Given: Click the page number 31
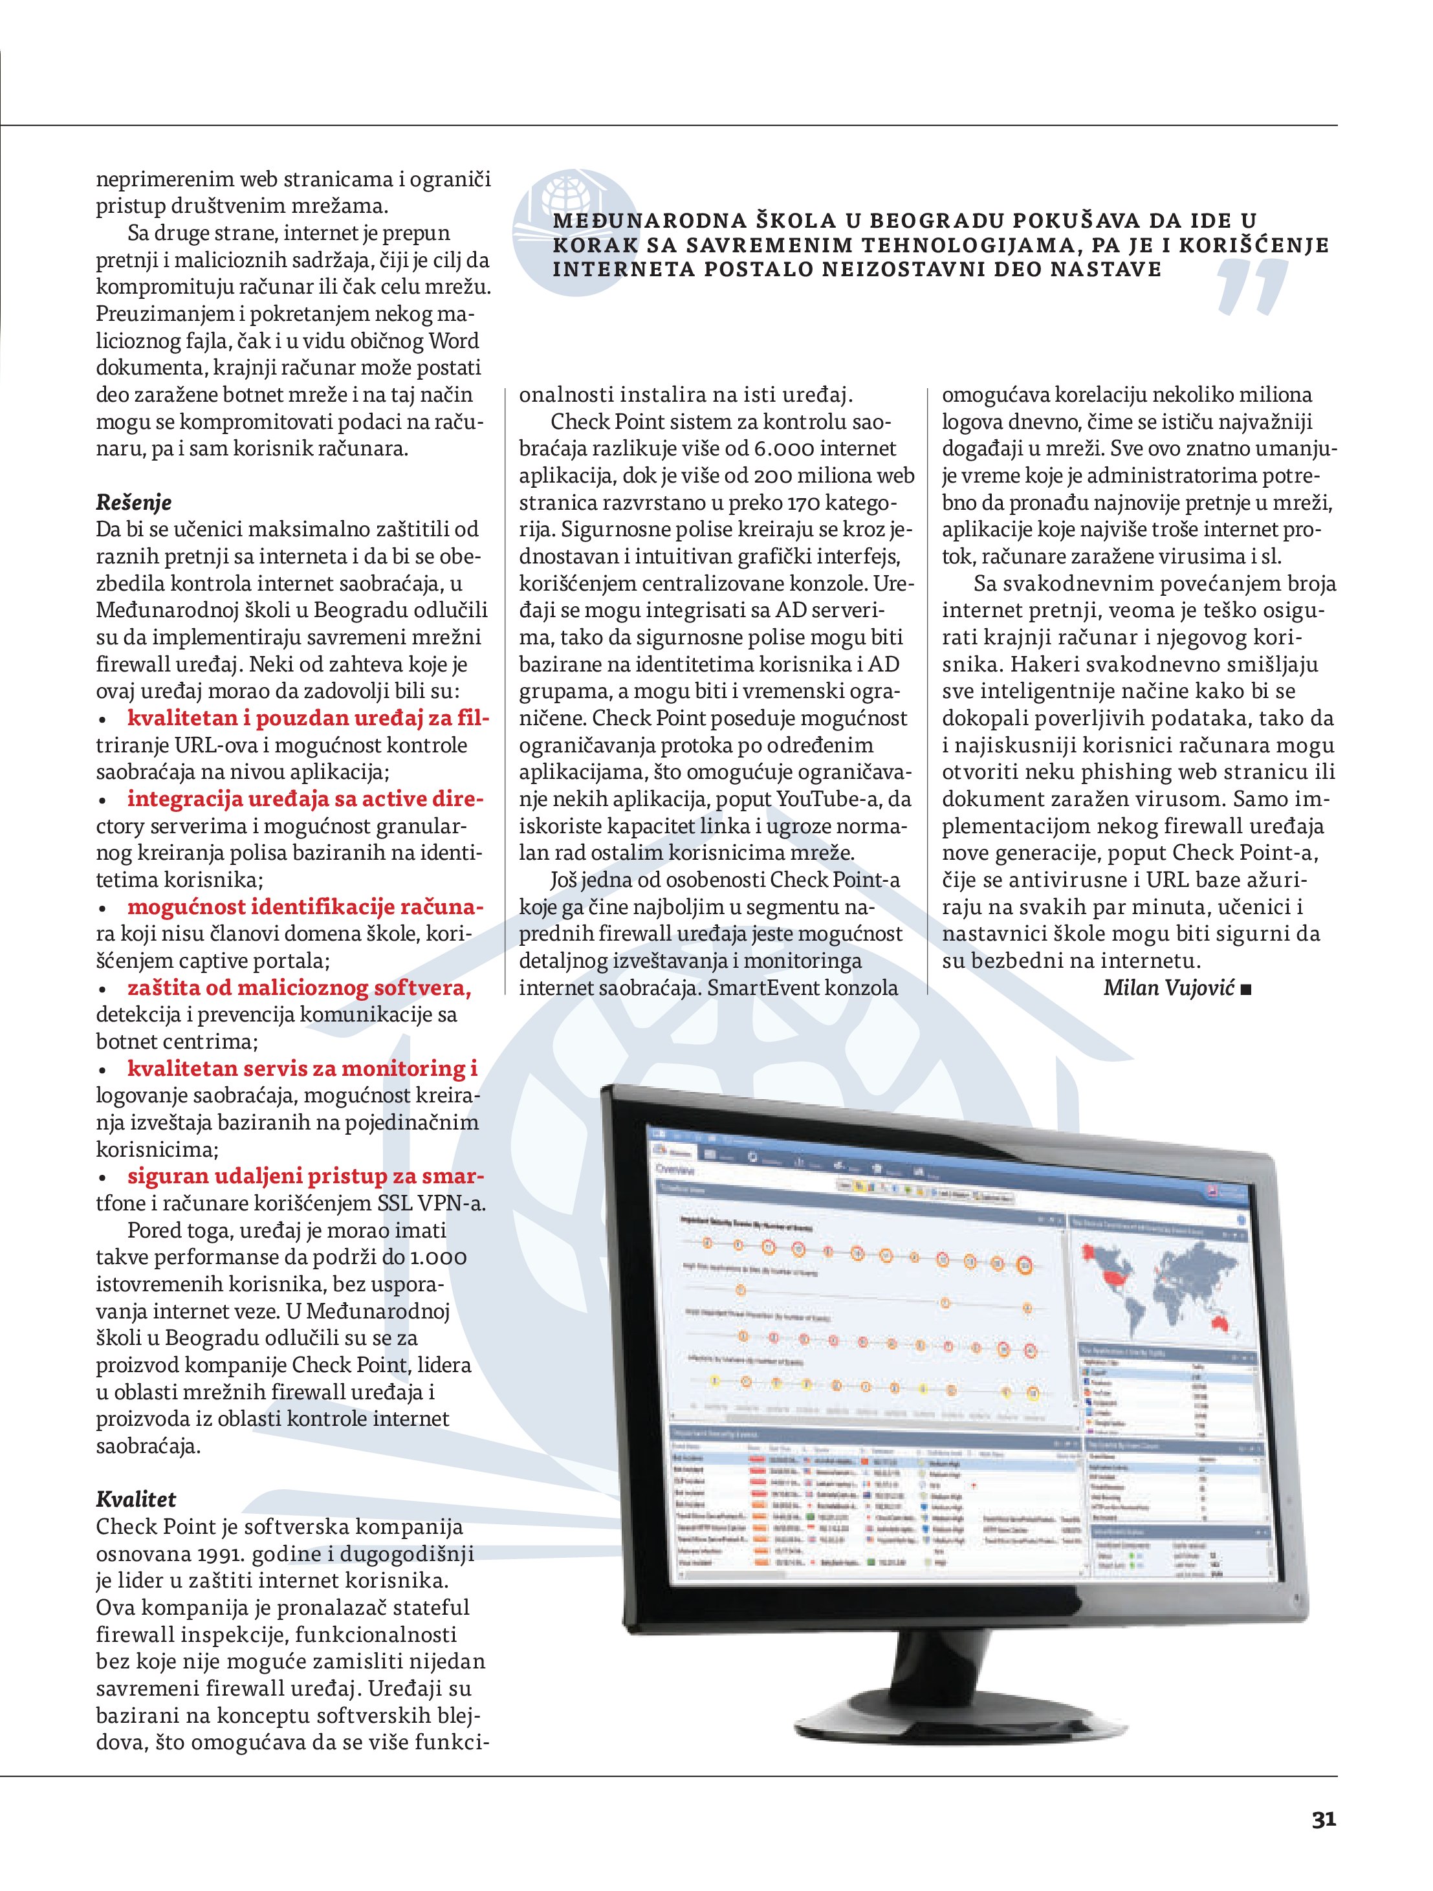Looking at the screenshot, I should click(1323, 1819).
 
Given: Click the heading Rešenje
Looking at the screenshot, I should click(133, 502).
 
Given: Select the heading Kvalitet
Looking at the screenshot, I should click(136, 1498).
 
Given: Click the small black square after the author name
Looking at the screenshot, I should click(1246, 989).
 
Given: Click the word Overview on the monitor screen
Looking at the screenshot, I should click(675, 1168).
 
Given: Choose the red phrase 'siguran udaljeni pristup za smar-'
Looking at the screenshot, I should click(305, 1175).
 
